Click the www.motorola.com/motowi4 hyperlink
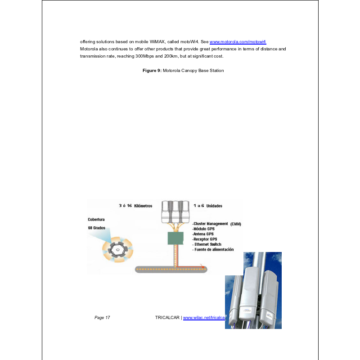click(x=238, y=41)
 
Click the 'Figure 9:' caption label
click(x=152, y=71)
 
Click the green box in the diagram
click(x=175, y=238)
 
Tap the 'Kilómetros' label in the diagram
click(x=143, y=206)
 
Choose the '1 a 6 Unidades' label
click(x=207, y=206)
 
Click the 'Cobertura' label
click(x=96, y=220)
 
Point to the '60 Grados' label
click(x=96, y=228)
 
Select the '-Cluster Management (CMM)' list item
click(x=217, y=224)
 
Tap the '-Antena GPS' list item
click(x=203, y=234)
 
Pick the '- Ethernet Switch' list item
click(x=207, y=244)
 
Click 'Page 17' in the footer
click(x=102, y=318)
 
